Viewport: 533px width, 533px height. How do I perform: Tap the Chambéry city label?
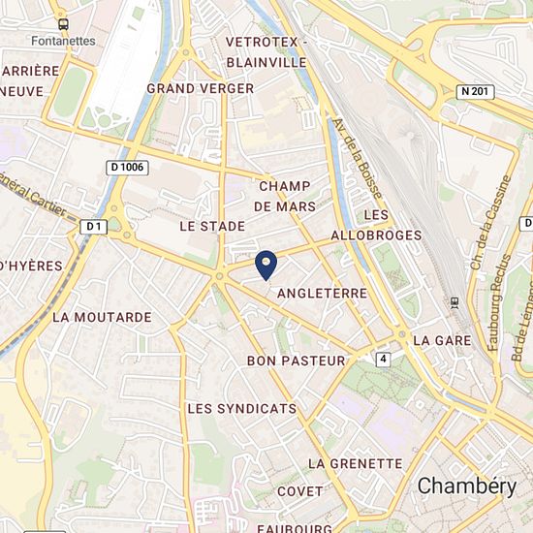(x=467, y=486)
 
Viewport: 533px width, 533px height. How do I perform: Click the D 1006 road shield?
(x=127, y=168)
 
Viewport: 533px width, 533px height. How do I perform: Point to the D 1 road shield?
(x=93, y=226)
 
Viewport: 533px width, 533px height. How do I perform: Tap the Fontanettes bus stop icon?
(x=63, y=24)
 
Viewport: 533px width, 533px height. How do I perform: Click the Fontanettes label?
(x=63, y=41)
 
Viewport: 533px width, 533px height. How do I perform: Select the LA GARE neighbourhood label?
(x=442, y=341)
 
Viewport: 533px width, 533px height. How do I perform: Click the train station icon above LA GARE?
(x=455, y=303)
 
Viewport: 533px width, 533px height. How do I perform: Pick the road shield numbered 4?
(x=385, y=359)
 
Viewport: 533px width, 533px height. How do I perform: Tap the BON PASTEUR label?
(x=297, y=361)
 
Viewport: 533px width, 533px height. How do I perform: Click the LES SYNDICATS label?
(x=242, y=409)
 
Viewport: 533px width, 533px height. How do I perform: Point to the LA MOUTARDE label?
(x=102, y=317)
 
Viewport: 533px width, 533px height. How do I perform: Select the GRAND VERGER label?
(x=200, y=88)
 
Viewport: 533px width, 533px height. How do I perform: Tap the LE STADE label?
(x=212, y=225)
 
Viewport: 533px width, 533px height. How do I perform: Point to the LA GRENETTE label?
(x=355, y=464)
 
